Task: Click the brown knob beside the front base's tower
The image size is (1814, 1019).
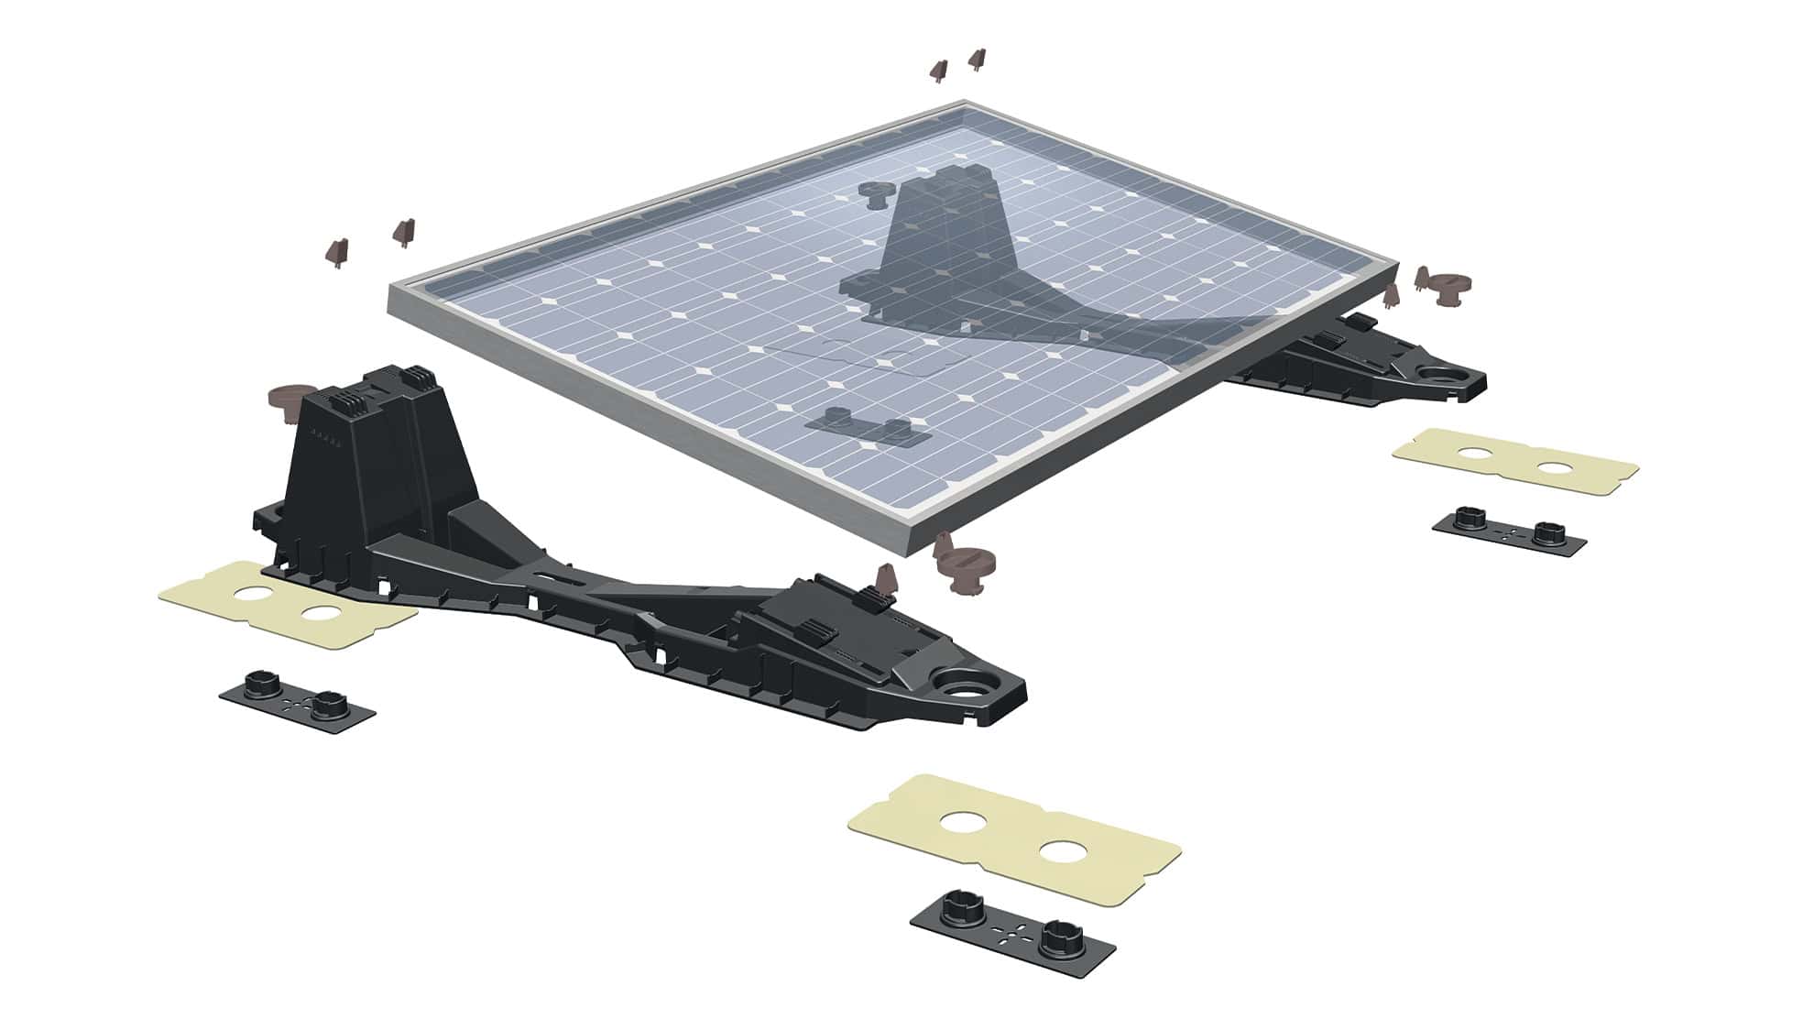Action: (285, 403)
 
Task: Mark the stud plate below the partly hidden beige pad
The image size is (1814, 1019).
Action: (298, 700)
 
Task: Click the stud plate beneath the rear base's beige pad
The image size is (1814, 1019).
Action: (1509, 534)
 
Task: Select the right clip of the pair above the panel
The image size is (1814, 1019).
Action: (977, 60)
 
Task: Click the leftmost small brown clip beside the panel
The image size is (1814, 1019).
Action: (337, 250)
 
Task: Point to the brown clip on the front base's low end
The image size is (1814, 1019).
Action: (886, 579)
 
